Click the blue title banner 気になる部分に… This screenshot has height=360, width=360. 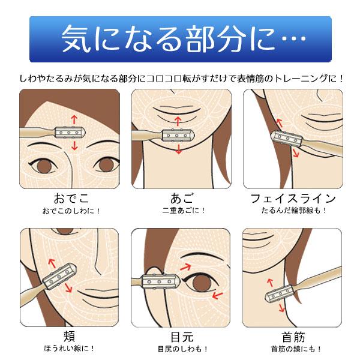[180, 39]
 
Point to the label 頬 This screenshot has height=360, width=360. [69, 335]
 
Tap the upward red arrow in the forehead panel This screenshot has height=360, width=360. [74, 118]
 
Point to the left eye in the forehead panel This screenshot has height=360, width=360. [43, 164]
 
